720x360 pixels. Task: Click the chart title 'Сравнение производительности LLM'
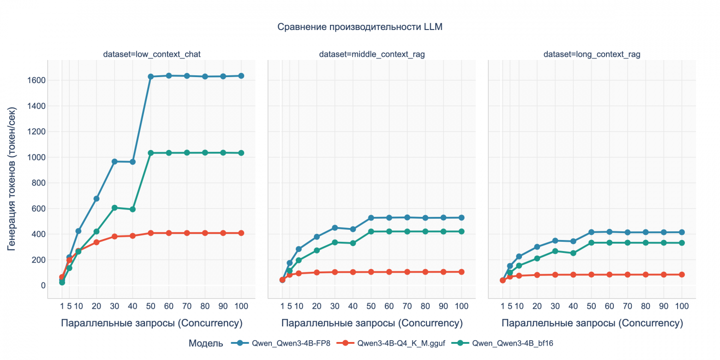click(360, 27)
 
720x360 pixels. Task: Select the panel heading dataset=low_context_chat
click(151, 54)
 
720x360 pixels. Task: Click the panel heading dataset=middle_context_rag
click(372, 54)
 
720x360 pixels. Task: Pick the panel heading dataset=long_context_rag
click(592, 54)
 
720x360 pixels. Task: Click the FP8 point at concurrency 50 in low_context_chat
click(150, 77)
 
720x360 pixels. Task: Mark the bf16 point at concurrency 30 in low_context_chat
click(114, 208)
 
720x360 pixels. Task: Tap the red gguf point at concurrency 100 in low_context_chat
click(241, 233)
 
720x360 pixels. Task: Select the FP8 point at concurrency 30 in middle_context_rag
click(335, 228)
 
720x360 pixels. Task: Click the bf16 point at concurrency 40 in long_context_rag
click(573, 253)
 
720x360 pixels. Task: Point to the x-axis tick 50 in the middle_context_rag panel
click(371, 306)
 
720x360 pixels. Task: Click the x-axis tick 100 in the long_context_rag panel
click(681, 306)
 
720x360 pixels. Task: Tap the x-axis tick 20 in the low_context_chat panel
click(96, 306)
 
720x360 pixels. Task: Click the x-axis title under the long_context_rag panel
click(592, 323)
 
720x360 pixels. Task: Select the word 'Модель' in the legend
click(206, 343)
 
